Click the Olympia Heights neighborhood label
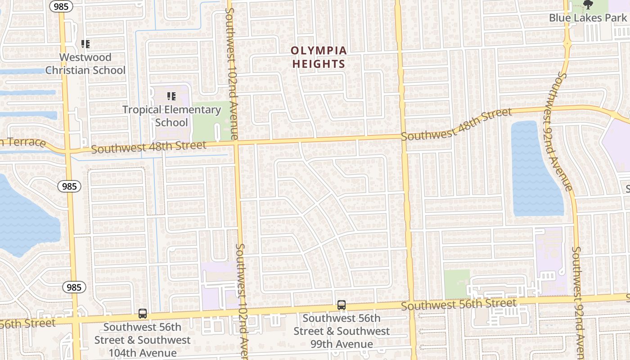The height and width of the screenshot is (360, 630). tap(319, 57)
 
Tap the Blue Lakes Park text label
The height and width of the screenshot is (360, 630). tap(588, 18)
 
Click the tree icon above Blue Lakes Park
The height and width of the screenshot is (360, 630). tap(588, 5)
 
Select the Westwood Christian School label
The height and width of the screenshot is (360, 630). tap(85, 63)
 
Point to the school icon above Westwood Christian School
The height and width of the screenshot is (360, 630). tap(85, 44)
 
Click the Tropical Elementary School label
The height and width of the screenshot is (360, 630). tap(171, 116)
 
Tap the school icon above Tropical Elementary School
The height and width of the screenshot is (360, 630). tap(171, 96)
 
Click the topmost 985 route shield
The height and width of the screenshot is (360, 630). tap(59, 6)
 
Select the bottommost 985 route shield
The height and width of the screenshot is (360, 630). tap(74, 287)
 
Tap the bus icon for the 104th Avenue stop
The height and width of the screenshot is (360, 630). tap(143, 314)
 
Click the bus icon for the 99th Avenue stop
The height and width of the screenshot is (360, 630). tap(342, 305)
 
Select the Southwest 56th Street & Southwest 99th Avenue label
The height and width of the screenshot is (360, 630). tap(342, 331)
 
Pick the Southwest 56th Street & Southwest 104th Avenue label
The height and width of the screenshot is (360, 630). tap(143, 340)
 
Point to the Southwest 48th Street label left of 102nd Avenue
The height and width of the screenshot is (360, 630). tap(148, 147)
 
